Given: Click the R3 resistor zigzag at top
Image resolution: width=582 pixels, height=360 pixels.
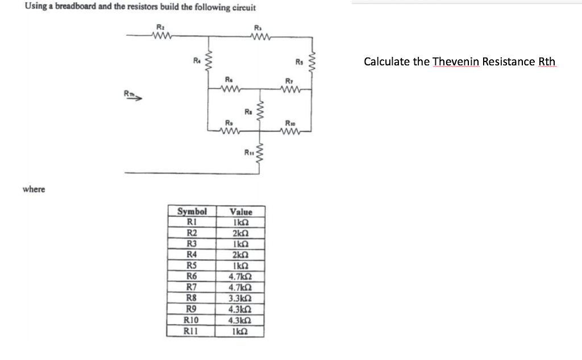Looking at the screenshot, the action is click(x=259, y=38).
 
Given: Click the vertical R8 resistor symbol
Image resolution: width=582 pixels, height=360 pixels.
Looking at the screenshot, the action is click(x=260, y=111).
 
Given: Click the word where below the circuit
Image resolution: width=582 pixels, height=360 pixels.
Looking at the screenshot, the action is click(x=34, y=189).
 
